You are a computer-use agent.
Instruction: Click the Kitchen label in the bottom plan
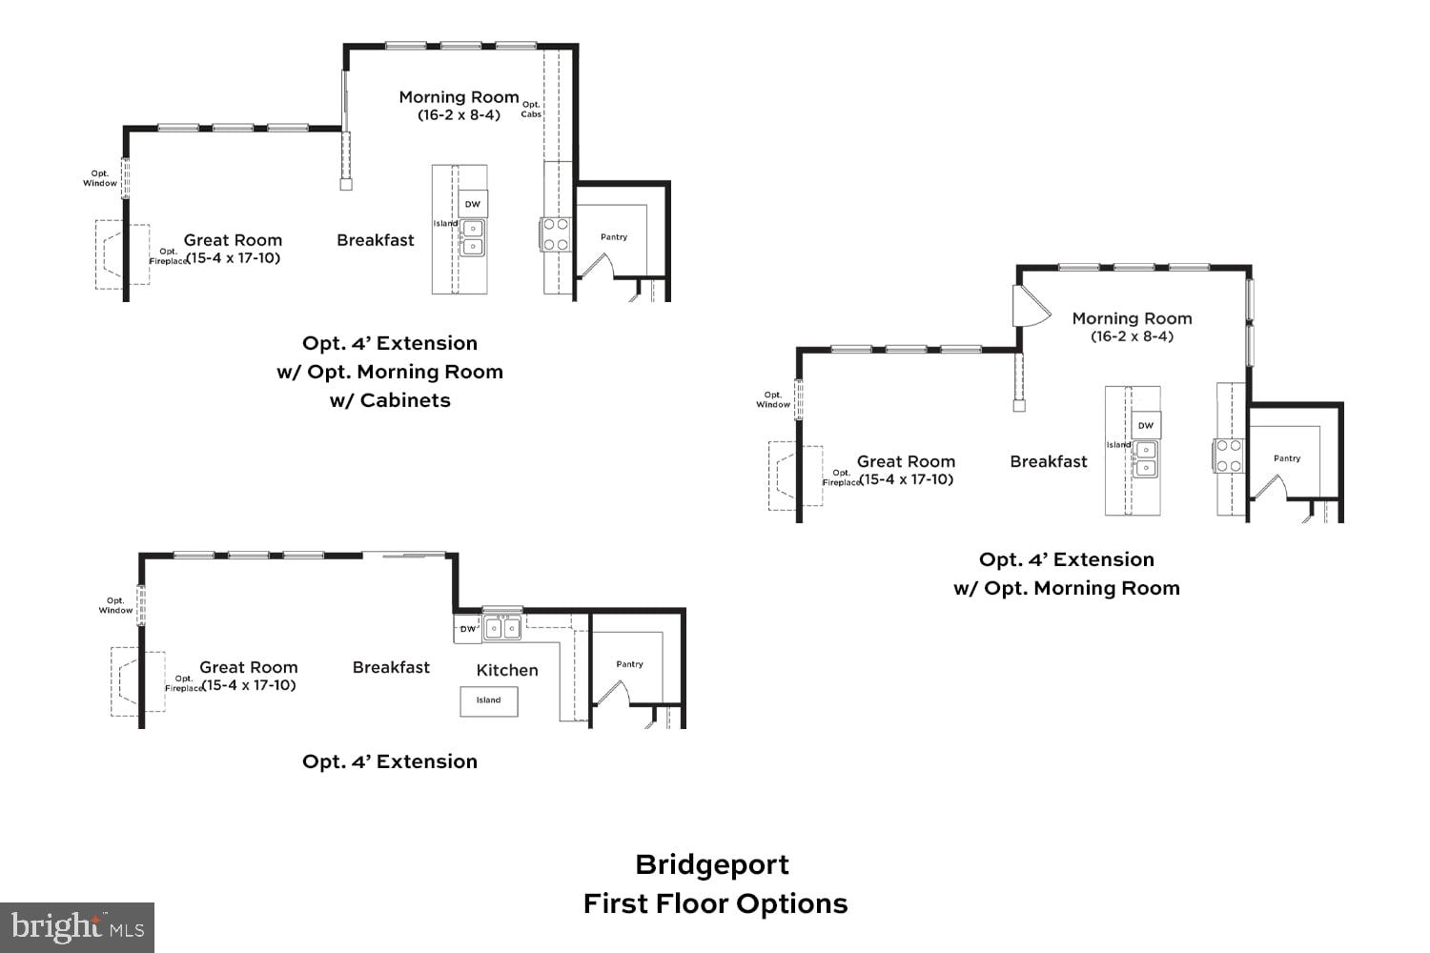[506, 670]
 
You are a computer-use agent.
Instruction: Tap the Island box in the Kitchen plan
[489, 700]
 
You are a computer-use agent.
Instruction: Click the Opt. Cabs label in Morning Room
[531, 110]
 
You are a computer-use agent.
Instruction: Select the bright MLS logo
[77, 927]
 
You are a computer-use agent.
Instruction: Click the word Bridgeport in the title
[712, 864]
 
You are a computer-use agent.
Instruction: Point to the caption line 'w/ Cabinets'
[390, 400]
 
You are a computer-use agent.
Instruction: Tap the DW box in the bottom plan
[467, 629]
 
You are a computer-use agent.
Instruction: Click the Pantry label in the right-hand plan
[1287, 458]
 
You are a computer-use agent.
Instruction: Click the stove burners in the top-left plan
[556, 234]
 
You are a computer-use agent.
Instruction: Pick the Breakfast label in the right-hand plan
[1049, 461]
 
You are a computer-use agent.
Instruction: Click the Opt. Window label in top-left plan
[100, 178]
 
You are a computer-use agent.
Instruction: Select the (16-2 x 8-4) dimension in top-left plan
[459, 115]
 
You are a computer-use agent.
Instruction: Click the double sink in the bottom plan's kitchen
[502, 627]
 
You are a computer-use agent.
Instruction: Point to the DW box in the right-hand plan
[1146, 425]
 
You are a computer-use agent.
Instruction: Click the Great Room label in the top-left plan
[233, 240]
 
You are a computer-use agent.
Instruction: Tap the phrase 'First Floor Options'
[715, 903]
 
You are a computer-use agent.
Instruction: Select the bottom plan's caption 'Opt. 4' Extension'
[390, 761]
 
